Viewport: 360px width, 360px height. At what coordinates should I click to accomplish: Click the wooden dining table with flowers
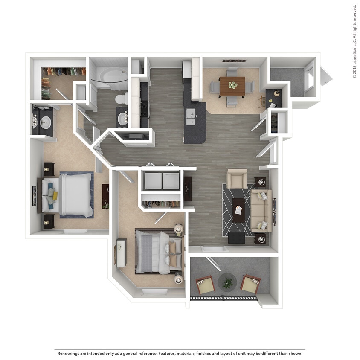pyautogui.click(x=232, y=86)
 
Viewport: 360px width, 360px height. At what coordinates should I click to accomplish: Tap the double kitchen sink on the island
pyautogui.click(x=190, y=116)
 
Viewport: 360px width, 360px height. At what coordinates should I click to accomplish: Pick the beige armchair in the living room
pyautogui.click(x=236, y=179)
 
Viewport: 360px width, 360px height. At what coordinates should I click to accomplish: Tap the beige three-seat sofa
pyautogui.click(x=261, y=210)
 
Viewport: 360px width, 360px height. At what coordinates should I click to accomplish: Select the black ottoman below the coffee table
pyautogui.click(x=237, y=238)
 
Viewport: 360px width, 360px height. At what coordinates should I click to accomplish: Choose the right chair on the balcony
pyautogui.click(x=250, y=285)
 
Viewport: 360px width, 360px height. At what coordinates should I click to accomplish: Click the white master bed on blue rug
pyautogui.click(x=75, y=195)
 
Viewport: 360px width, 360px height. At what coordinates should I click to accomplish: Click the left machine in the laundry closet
pyautogui.click(x=153, y=180)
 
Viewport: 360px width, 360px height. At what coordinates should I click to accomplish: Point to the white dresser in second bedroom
pyautogui.click(x=121, y=253)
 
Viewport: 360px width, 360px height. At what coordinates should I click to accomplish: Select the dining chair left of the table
pyautogui.click(x=214, y=87)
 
